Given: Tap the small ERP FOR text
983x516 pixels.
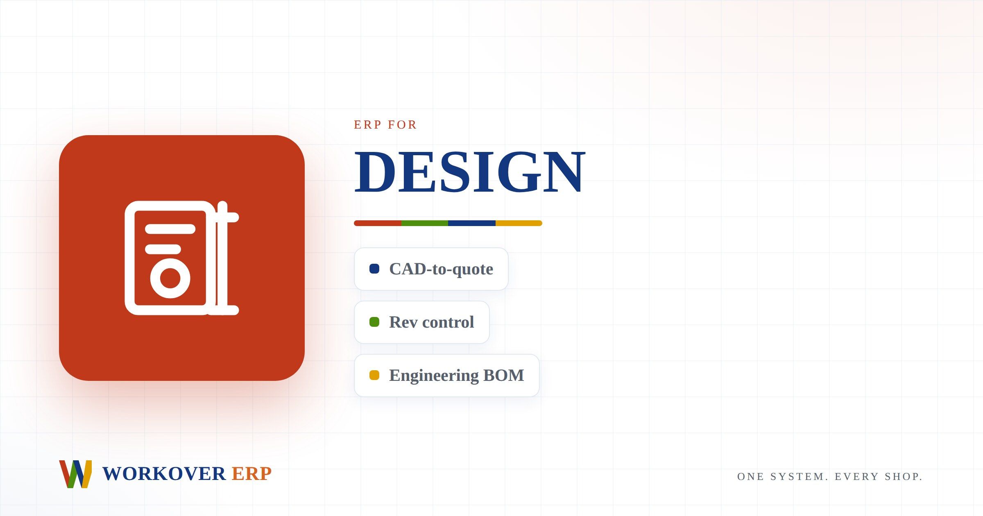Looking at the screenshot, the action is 385,124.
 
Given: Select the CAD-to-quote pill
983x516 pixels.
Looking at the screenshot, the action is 431,269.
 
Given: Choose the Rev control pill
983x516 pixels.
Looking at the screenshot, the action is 422,322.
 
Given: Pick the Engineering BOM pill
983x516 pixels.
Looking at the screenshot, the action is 447,376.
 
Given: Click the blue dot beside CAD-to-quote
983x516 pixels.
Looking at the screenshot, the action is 374,269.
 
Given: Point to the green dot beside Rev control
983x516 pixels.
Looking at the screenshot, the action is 374,322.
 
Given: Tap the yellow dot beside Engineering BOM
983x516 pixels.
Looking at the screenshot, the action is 374,375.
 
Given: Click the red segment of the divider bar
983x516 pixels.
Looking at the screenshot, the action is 378,223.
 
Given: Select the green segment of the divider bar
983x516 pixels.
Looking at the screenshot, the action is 425,223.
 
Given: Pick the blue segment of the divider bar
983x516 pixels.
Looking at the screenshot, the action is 472,223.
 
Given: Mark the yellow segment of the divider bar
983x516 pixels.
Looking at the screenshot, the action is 519,223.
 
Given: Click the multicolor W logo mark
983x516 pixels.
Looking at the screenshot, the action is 75,474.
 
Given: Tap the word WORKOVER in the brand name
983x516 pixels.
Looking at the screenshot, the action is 164,474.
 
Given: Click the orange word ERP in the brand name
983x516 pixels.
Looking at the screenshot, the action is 251,474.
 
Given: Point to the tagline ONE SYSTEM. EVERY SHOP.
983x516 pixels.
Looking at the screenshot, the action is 830,477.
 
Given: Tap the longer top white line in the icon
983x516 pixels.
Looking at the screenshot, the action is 170,229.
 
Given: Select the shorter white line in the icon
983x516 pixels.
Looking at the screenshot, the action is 163,249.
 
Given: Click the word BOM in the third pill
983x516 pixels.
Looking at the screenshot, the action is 504,376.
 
